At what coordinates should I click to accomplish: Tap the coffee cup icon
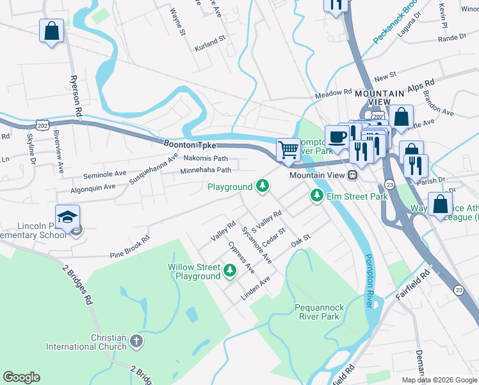(337, 136)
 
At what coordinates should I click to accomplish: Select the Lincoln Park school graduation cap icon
(67, 217)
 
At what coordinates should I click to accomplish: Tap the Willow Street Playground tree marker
(230, 272)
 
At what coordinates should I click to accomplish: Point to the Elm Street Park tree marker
(316, 195)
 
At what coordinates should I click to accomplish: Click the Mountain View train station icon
(352, 175)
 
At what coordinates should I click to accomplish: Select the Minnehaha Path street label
(205, 170)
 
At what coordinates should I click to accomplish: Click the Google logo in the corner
(21, 377)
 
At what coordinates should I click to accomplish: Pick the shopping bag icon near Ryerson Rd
(51, 31)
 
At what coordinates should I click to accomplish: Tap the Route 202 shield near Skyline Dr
(42, 121)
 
